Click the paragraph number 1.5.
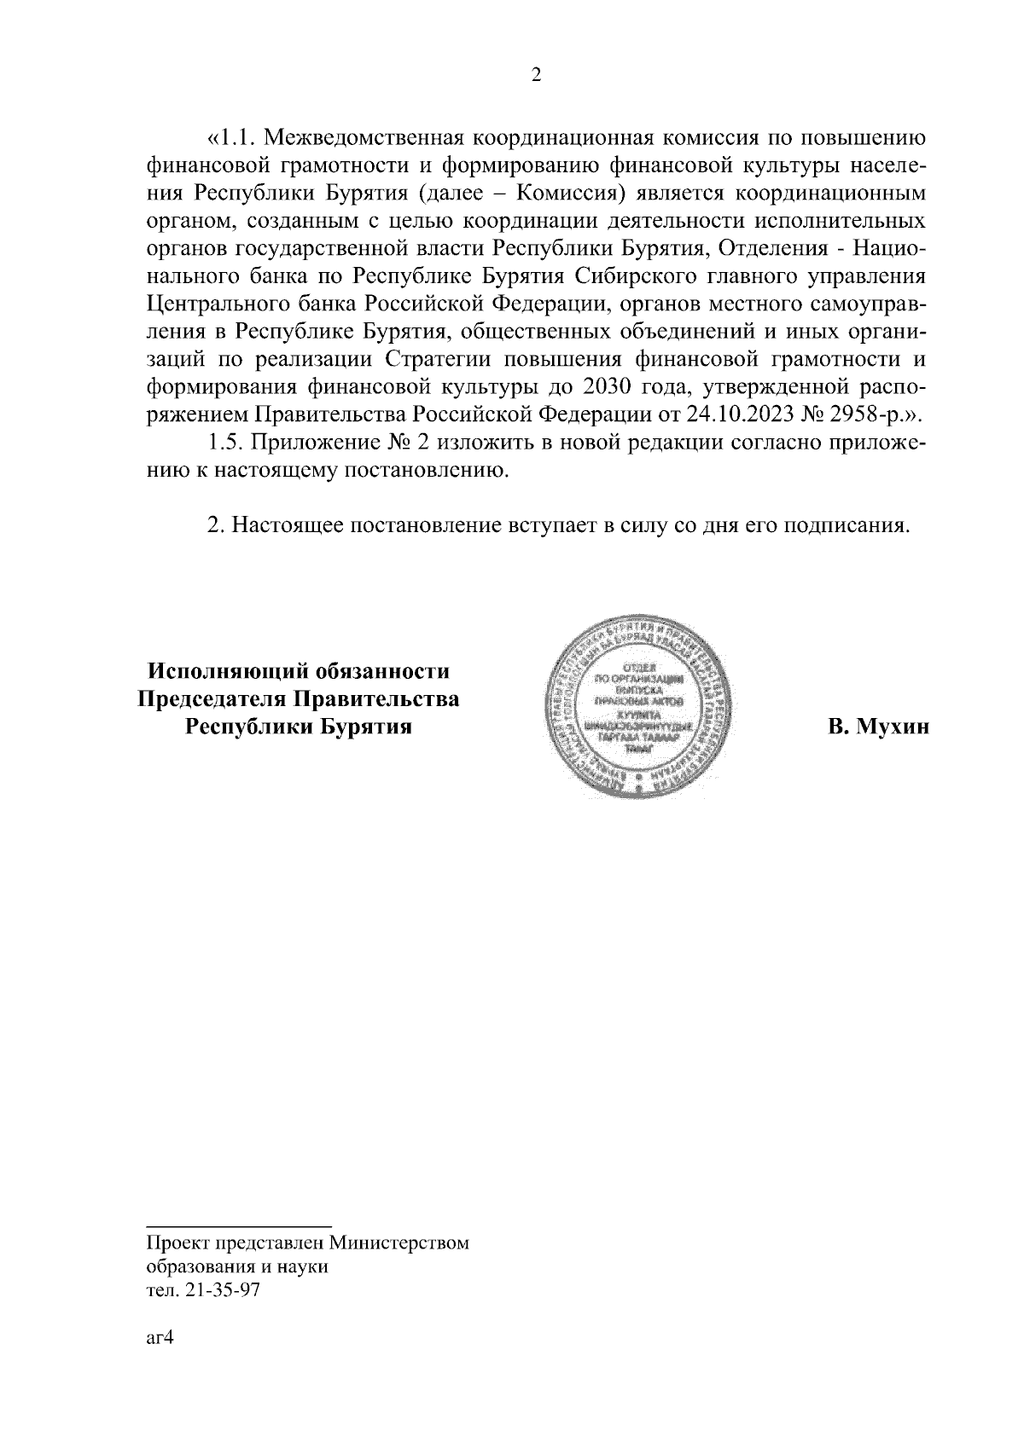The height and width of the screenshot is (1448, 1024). click(227, 443)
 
